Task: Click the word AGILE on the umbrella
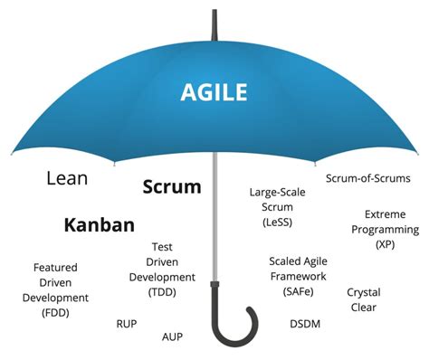point(214,90)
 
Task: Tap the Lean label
point(67,178)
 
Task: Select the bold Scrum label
point(172,187)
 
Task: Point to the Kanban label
point(100,225)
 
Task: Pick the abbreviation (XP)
point(385,244)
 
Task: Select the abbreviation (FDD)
point(55,313)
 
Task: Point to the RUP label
point(127,323)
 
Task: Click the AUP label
point(173,336)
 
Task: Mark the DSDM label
point(304,323)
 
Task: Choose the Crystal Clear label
point(363,299)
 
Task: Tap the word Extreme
point(385,214)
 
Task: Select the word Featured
point(55,268)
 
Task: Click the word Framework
point(297,277)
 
